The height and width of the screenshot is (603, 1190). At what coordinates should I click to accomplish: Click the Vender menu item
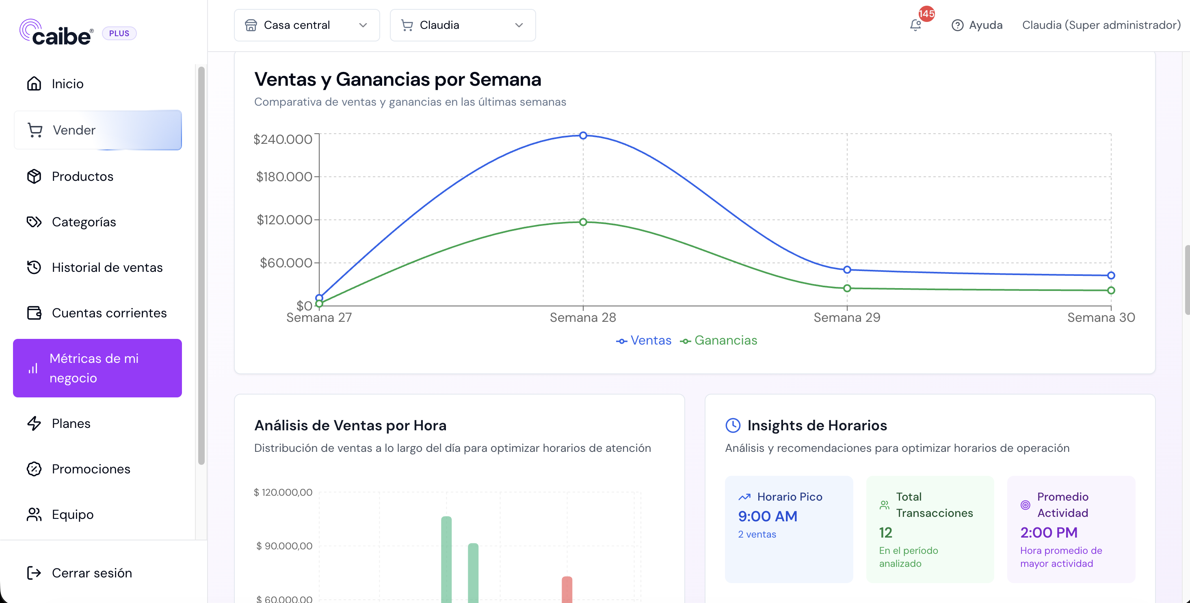coord(97,130)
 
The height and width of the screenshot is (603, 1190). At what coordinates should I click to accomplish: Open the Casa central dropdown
coord(307,25)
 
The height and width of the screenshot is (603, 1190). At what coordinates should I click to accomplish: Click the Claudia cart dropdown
coord(463,25)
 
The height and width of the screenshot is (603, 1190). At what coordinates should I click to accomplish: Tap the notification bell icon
coord(915,25)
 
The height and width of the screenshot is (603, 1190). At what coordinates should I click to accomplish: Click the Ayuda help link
coord(977,25)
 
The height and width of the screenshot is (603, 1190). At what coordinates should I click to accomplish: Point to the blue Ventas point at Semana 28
coord(583,135)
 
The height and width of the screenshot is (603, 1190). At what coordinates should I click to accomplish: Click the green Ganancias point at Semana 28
coord(583,222)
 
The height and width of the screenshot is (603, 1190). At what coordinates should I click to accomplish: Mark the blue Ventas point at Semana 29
coord(847,270)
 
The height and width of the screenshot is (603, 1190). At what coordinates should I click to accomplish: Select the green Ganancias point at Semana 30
coord(1111,291)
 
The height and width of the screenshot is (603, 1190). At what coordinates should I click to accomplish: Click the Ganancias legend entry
coord(719,341)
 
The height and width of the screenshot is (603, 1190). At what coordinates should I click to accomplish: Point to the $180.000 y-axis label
coord(284,176)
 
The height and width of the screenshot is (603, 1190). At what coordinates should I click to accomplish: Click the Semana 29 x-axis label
coord(847,317)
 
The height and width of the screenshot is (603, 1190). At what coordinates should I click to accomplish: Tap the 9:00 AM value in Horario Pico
coord(768,516)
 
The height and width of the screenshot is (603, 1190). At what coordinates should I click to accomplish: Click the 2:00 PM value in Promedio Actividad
coord(1049,532)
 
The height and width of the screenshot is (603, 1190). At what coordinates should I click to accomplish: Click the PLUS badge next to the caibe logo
coord(119,33)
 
